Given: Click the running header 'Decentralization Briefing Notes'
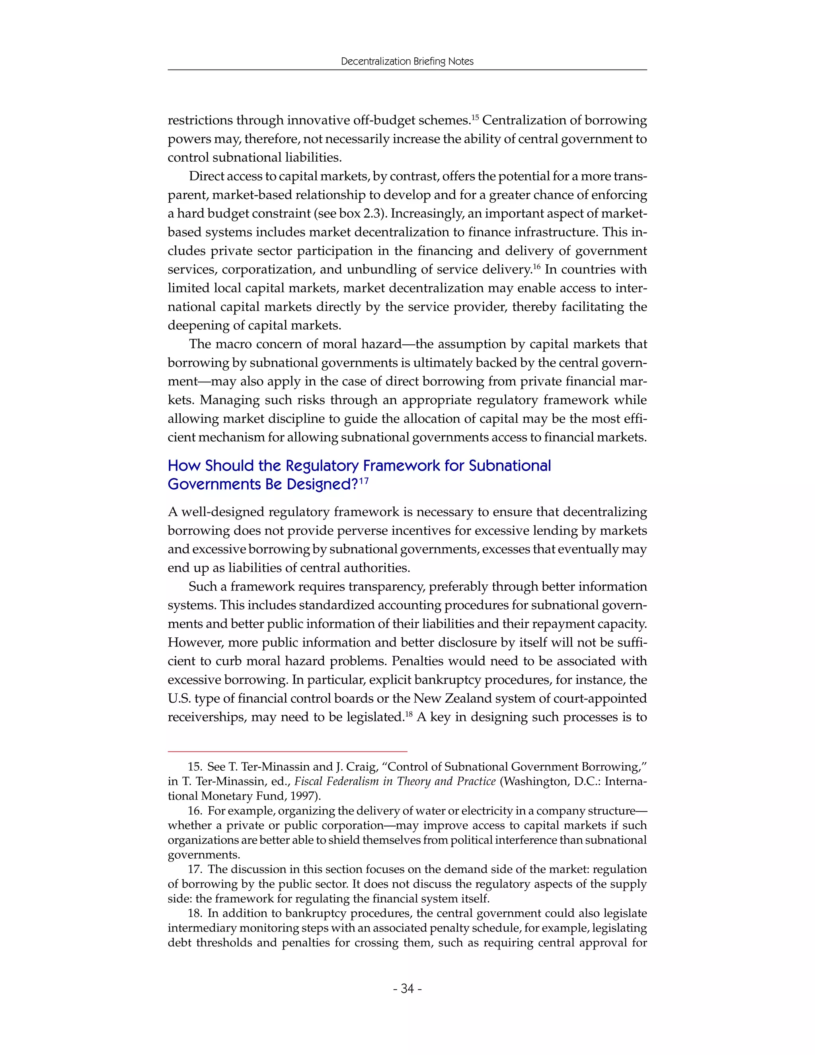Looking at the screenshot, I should click(407, 61).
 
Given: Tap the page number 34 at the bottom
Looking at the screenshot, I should click(407, 989).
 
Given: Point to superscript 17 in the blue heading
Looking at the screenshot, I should click(364, 480).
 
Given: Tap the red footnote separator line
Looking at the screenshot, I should click(287, 752).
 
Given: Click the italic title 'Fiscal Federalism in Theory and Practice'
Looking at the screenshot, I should click(395, 781).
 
